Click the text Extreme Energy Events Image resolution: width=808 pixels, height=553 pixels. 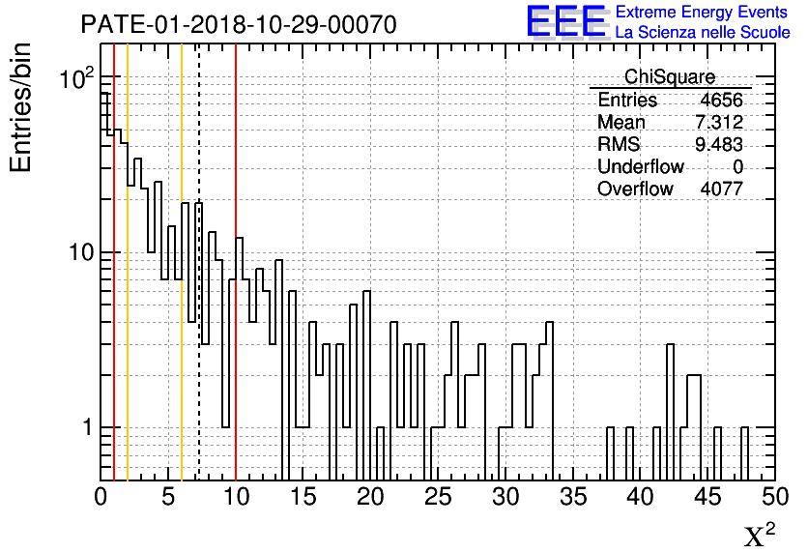[x=702, y=13]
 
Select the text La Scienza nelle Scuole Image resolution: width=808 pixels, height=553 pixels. [x=703, y=34]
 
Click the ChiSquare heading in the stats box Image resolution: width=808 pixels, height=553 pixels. [x=670, y=77]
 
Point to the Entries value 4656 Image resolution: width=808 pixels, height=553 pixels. [x=721, y=101]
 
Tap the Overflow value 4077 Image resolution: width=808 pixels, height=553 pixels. [x=721, y=189]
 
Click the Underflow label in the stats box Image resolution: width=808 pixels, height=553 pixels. [x=640, y=167]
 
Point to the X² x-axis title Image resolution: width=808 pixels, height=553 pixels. [x=760, y=535]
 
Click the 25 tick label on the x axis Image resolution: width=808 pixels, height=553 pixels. [x=438, y=497]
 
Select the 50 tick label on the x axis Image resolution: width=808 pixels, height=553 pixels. [x=774, y=497]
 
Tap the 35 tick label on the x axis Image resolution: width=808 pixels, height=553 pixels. [x=572, y=497]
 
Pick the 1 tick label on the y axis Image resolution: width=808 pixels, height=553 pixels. [x=83, y=427]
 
